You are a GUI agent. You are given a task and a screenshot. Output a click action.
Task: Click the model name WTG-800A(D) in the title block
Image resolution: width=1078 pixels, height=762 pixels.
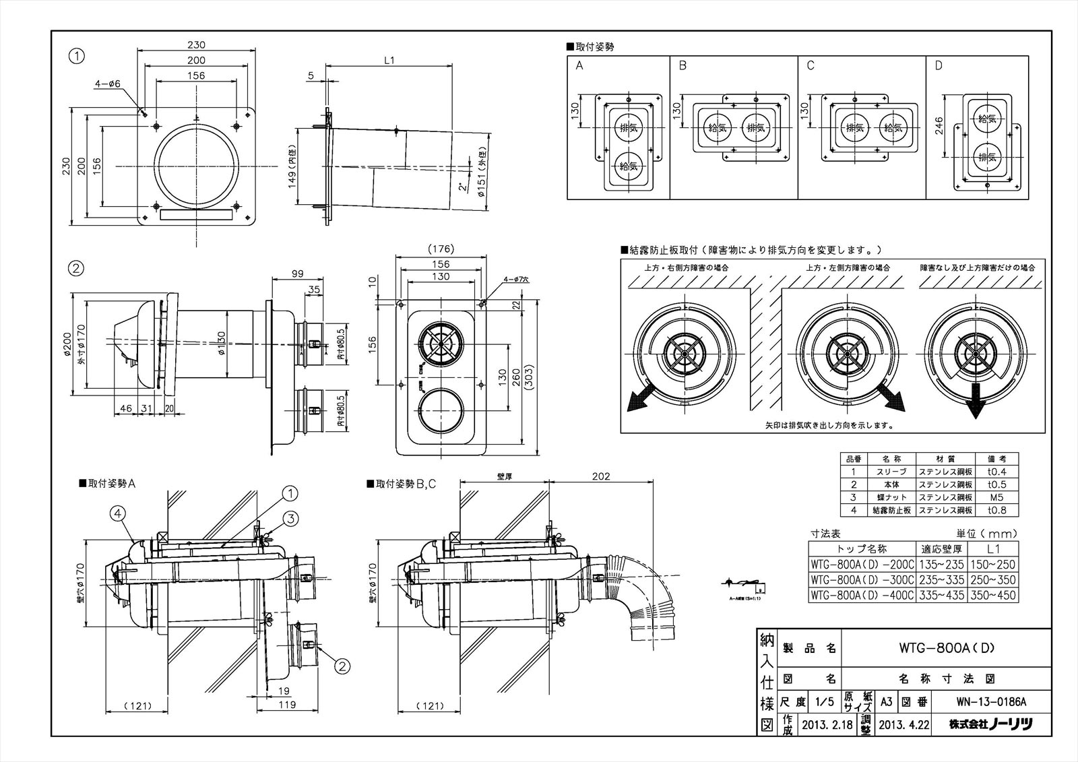pos(947,648)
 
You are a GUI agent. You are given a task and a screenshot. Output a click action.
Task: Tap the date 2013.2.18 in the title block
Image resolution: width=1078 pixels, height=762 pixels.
pos(827,725)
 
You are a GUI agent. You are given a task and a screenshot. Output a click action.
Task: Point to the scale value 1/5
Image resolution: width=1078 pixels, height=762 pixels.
pos(824,701)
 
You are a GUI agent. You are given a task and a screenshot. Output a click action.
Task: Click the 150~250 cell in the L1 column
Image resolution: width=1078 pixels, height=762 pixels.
pos(992,565)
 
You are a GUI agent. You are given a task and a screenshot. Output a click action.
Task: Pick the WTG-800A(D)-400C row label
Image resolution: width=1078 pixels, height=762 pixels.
pos(862,595)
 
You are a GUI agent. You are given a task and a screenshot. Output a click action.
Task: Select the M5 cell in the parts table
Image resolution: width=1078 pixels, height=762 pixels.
pos(996,498)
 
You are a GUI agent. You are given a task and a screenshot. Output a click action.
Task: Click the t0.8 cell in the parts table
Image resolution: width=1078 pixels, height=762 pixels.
pos(996,511)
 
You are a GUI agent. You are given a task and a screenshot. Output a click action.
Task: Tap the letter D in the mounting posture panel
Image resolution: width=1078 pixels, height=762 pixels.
pos(939,66)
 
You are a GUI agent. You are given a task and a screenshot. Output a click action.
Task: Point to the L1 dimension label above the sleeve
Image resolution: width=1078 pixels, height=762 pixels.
pos(389,60)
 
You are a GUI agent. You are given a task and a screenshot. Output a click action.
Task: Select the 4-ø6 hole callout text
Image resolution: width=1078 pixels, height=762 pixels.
pos(107,84)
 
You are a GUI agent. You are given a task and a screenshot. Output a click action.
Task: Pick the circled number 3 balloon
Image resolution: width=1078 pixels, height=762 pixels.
pos(290,518)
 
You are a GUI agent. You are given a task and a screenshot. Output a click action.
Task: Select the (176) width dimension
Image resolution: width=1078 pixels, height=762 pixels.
pos(441,249)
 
